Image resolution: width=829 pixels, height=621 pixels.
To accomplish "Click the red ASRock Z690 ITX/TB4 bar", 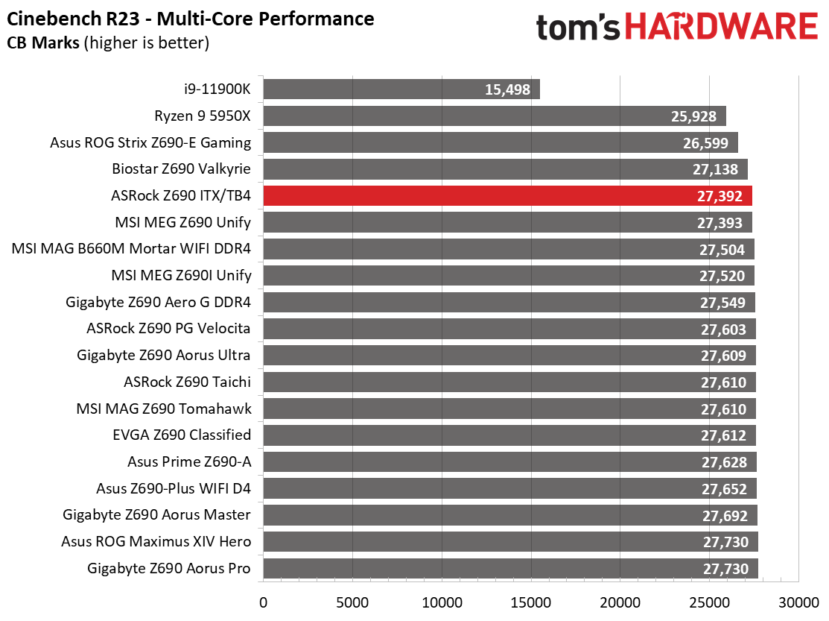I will tap(506, 196).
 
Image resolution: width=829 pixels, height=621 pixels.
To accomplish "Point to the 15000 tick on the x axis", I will tap(531, 602).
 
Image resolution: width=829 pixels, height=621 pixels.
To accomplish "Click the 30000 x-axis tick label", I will tap(799, 602).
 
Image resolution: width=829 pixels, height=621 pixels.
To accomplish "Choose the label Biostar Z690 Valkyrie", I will tap(181, 169).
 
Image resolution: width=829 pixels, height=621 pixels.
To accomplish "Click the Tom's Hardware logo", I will tap(676, 28).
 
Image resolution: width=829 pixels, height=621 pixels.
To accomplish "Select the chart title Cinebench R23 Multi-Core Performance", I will tap(190, 18).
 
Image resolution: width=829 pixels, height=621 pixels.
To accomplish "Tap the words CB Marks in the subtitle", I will tap(42, 43).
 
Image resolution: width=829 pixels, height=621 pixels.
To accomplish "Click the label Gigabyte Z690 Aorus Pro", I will tap(169, 569).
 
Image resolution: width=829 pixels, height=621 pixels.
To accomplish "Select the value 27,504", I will tap(721, 250).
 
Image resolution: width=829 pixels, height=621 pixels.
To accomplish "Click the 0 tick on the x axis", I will tap(263, 602).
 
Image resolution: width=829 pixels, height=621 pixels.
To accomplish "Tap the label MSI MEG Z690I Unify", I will tap(181, 276).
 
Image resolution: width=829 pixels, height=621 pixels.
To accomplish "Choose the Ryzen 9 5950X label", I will tap(203, 116).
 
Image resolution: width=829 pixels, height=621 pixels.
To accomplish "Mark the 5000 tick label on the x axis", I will tap(352, 602).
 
